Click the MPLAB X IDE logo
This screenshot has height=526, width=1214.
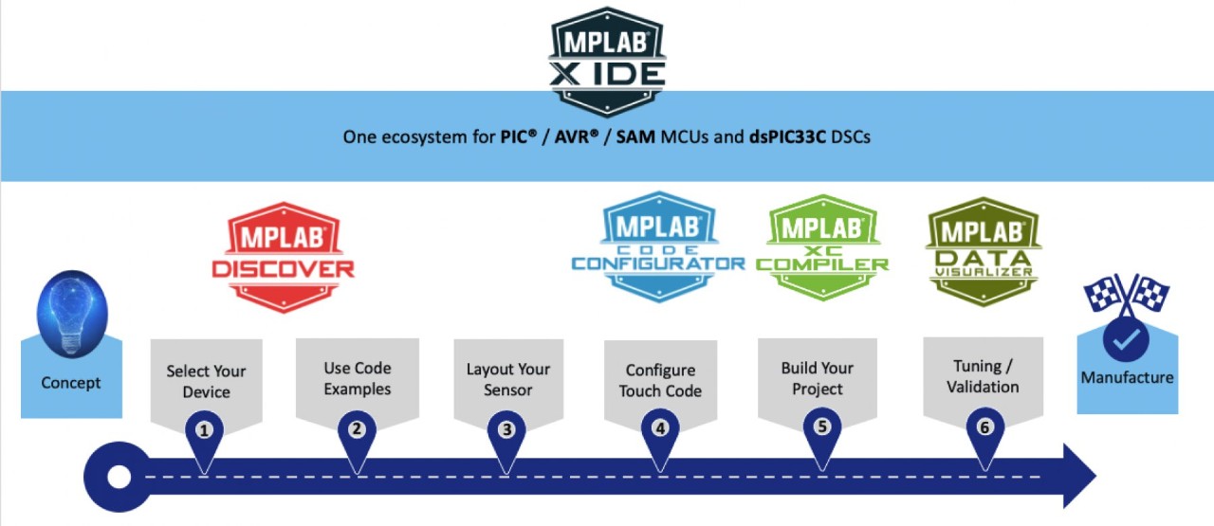point(607,59)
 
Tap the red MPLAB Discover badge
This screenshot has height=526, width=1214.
point(283,254)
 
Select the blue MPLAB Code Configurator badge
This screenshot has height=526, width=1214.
point(658,246)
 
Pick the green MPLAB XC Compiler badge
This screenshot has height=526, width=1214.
point(821,246)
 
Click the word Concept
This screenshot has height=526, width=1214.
point(70,383)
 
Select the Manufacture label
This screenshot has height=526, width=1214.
point(1127,377)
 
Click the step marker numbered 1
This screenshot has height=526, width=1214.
point(203,429)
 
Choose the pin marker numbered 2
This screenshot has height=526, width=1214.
point(357,429)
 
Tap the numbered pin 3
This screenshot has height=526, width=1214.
point(506,429)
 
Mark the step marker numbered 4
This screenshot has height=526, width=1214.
point(660,428)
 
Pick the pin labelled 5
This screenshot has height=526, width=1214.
point(821,426)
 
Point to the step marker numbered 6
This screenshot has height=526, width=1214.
point(984,427)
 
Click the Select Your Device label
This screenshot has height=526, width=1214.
point(206,381)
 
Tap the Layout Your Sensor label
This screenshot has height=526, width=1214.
point(507,379)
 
